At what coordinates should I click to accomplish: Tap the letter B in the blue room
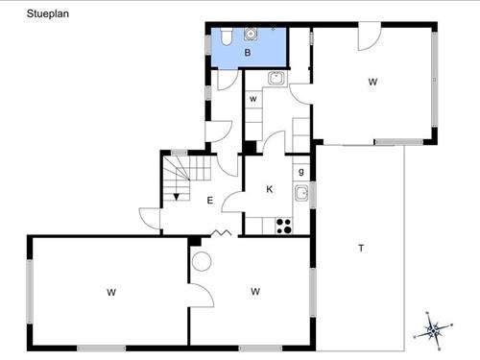click(x=247, y=54)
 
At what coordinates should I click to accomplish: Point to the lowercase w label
click(x=253, y=99)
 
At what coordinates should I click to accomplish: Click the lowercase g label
click(x=300, y=172)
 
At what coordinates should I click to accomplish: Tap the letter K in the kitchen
click(x=270, y=189)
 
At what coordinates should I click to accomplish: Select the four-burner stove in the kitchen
click(x=283, y=226)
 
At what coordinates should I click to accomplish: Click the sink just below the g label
click(x=301, y=194)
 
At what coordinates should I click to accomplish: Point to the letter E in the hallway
click(x=209, y=200)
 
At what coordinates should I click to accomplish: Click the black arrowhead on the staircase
click(x=177, y=197)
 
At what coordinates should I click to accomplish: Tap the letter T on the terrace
click(x=361, y=249)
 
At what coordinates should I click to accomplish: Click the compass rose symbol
click(x=433, y=330)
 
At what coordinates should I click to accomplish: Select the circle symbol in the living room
click(x=202, y=260)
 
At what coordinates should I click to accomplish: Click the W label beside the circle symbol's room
click(x=255, y=291)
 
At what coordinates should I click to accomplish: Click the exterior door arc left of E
click(x=149, y=218)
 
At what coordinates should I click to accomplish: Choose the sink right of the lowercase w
click(x=276, y=79)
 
